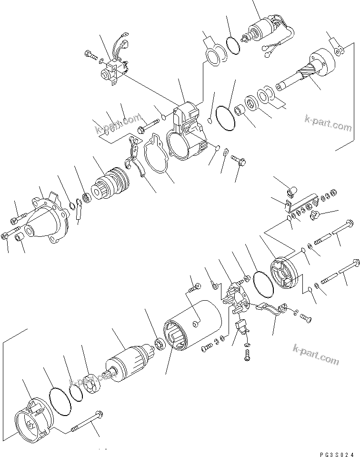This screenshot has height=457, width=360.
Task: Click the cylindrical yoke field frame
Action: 193,329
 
